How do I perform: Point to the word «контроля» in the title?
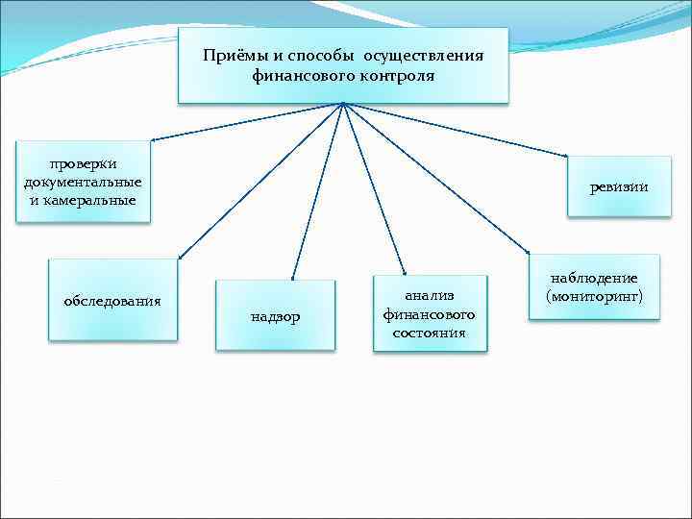click(394, 74)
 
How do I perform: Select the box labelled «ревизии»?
click(618, 187)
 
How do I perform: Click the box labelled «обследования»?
click(112, 300)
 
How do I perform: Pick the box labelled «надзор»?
click(275, 316)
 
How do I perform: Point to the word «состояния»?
click(429, 333)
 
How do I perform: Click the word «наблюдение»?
click(594, 278)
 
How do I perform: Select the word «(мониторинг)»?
click(594, 296)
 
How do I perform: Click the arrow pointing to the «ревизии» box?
click(461, 130)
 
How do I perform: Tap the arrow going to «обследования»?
click(259, 183)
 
